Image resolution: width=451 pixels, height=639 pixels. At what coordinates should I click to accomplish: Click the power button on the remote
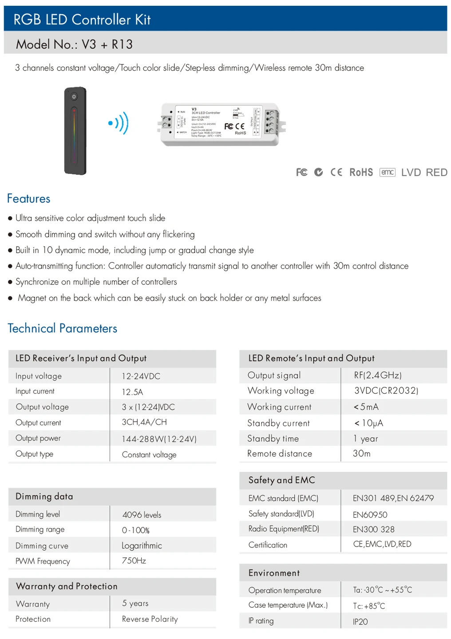pyautogui.click(x=74, y=96)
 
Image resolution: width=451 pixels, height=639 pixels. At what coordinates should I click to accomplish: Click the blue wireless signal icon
pyautogui.click(x=119, y=123)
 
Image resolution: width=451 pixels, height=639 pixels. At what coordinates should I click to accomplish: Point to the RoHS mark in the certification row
pyautogui.click(x=361, y=172)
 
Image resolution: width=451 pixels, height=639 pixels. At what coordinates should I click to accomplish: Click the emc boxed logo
pyautogui.click(x=387, y=172)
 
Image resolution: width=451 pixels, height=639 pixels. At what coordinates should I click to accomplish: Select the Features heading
pyautogui.click(x=29, y=199)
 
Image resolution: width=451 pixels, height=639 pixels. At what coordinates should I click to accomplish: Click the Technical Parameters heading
pyautogui.click(x=63, y=328)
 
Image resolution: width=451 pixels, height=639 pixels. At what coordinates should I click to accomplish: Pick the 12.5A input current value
pyautogui.click(x=132, y=392)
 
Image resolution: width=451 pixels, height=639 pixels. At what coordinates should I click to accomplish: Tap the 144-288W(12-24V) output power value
pyautogui.click(x=159, y=439)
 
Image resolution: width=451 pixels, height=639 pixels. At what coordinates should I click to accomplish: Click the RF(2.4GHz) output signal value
pyautogui.click(x=377, y=375)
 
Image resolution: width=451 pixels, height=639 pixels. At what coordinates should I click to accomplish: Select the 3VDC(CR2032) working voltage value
pyautogui.click(x=386, y=391)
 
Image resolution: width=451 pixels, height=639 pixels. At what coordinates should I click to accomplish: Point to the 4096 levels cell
pyautogui.click(x=142, y=515)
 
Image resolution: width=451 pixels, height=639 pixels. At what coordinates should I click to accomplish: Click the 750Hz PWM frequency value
pyautogui.click(x=134, y=561)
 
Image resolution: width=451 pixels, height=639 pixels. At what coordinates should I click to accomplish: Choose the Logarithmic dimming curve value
pyautogui.click(x=142, y=546)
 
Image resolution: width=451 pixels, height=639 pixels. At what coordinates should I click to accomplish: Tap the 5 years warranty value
pyautogui.click(x=135, y=603)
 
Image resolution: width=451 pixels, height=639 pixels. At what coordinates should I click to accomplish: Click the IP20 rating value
pyautogui.click(x=360, y=622)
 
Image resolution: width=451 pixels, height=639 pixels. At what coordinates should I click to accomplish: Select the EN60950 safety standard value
pyautogui.click(x=370, y=515)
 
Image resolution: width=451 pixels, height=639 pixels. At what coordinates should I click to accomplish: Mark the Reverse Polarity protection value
pyautogui.click(x=150, y=619)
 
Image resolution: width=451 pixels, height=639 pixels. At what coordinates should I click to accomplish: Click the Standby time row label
pyautogui.click(x=273, y=439)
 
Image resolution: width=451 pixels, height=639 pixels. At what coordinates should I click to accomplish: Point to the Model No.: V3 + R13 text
pyautogui.click(x=74, y=44)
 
